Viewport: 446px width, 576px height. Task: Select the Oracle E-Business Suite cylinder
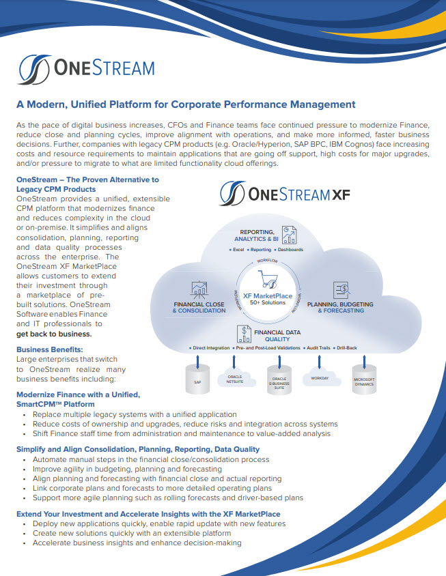(x=279, y=379)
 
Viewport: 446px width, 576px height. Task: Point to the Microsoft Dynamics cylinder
(x=363, y=379)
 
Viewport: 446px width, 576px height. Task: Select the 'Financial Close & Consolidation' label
(x=199, y=307)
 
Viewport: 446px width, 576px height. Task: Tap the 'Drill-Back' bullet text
(x=347, y=348)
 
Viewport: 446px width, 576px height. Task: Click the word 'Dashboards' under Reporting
(x=290, y=250)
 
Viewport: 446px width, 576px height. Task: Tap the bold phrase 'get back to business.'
(x=53, y=334)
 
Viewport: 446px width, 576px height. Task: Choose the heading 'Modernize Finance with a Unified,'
(x=77, y=395)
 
